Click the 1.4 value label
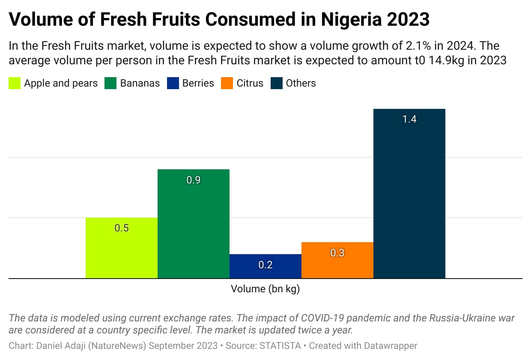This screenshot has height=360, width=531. [x=409, y=119]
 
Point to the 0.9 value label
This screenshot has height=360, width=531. [x=194, y=180]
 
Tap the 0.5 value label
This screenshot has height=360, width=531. [x=122, y=228]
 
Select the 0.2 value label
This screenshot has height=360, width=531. [x=265, y=265]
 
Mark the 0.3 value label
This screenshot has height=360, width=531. [x=337, y=253]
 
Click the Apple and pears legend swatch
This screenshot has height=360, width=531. [x=15, y=83]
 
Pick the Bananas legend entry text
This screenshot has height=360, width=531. [x=140, y=83]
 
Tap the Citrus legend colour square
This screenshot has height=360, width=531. [x=227, y=83]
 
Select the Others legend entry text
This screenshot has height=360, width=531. [x=301, y=83]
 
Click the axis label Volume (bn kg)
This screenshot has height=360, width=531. [x=265, y=289]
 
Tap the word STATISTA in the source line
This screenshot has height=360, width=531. [x=280, y=345]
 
